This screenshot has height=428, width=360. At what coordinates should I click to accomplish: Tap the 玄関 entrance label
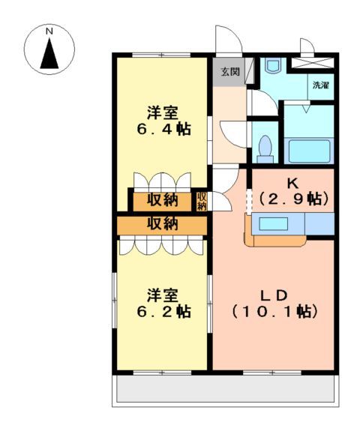(x=229, y=72)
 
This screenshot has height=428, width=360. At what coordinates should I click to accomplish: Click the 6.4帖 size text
(x=163, y=129)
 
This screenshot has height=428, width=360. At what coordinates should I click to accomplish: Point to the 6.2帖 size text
(x=163, y=311)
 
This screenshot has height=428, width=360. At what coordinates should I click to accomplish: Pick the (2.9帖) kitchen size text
(x=292, y=199)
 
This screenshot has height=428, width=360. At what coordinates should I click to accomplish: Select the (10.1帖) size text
(x=274, y=310)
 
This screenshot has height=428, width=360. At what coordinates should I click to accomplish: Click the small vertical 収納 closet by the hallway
(x=202, y=201)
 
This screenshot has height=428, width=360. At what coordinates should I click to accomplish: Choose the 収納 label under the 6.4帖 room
(x=162, y=200)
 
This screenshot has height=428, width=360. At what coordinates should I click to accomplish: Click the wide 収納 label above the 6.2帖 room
(x=162, y=223)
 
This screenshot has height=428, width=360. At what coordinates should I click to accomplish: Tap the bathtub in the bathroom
(x=310, y=148)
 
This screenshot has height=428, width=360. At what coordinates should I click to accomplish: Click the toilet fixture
(x=264, y=148)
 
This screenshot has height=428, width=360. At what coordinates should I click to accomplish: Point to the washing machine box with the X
(x=311, y=64)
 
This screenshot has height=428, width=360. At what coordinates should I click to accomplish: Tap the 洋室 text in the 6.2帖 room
(x=163, y=294)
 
